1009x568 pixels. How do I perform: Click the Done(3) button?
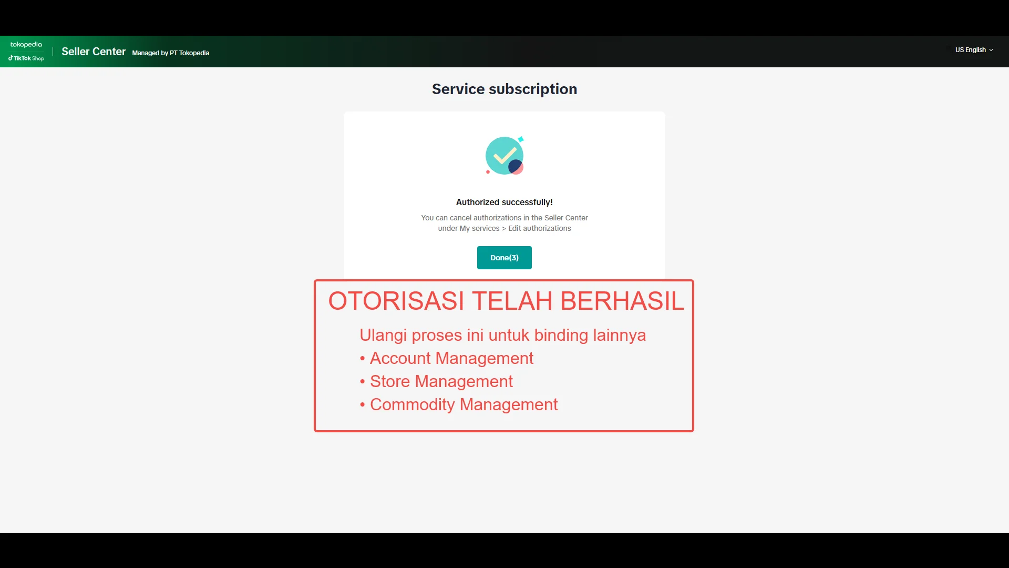pyautogui.click(x=504, y=258)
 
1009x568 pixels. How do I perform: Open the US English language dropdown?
pyautogui.click(x=974, y=50)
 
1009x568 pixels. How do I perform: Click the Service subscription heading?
pyautogui.click(x=504, y=89)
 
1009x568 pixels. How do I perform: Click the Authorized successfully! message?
pyautogui.click(x=504, y=202)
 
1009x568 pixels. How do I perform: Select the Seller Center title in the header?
pyautogui.click(x=94, y=52)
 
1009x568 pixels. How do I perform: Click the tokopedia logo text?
pyautogui.click(x=26, y=45)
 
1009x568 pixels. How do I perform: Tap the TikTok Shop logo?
pyautogui.click(x=26, y=58)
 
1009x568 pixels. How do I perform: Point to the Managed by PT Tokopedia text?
pyautogui.click(x=170, y=53)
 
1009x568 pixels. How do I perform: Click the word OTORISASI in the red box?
pyautogui.click(x=396, y=301)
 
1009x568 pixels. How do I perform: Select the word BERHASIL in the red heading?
pyautogui.click(x=622, y=301)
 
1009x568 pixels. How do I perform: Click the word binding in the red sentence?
pyautogui.click(x=561, y=335)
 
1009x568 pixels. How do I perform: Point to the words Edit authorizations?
pyautogui.click(x=539, y=228)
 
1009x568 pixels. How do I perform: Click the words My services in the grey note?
pyautogui.click(x=479, y=228)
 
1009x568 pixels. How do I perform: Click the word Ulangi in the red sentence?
pyautogui.click(x=383, y=335)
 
